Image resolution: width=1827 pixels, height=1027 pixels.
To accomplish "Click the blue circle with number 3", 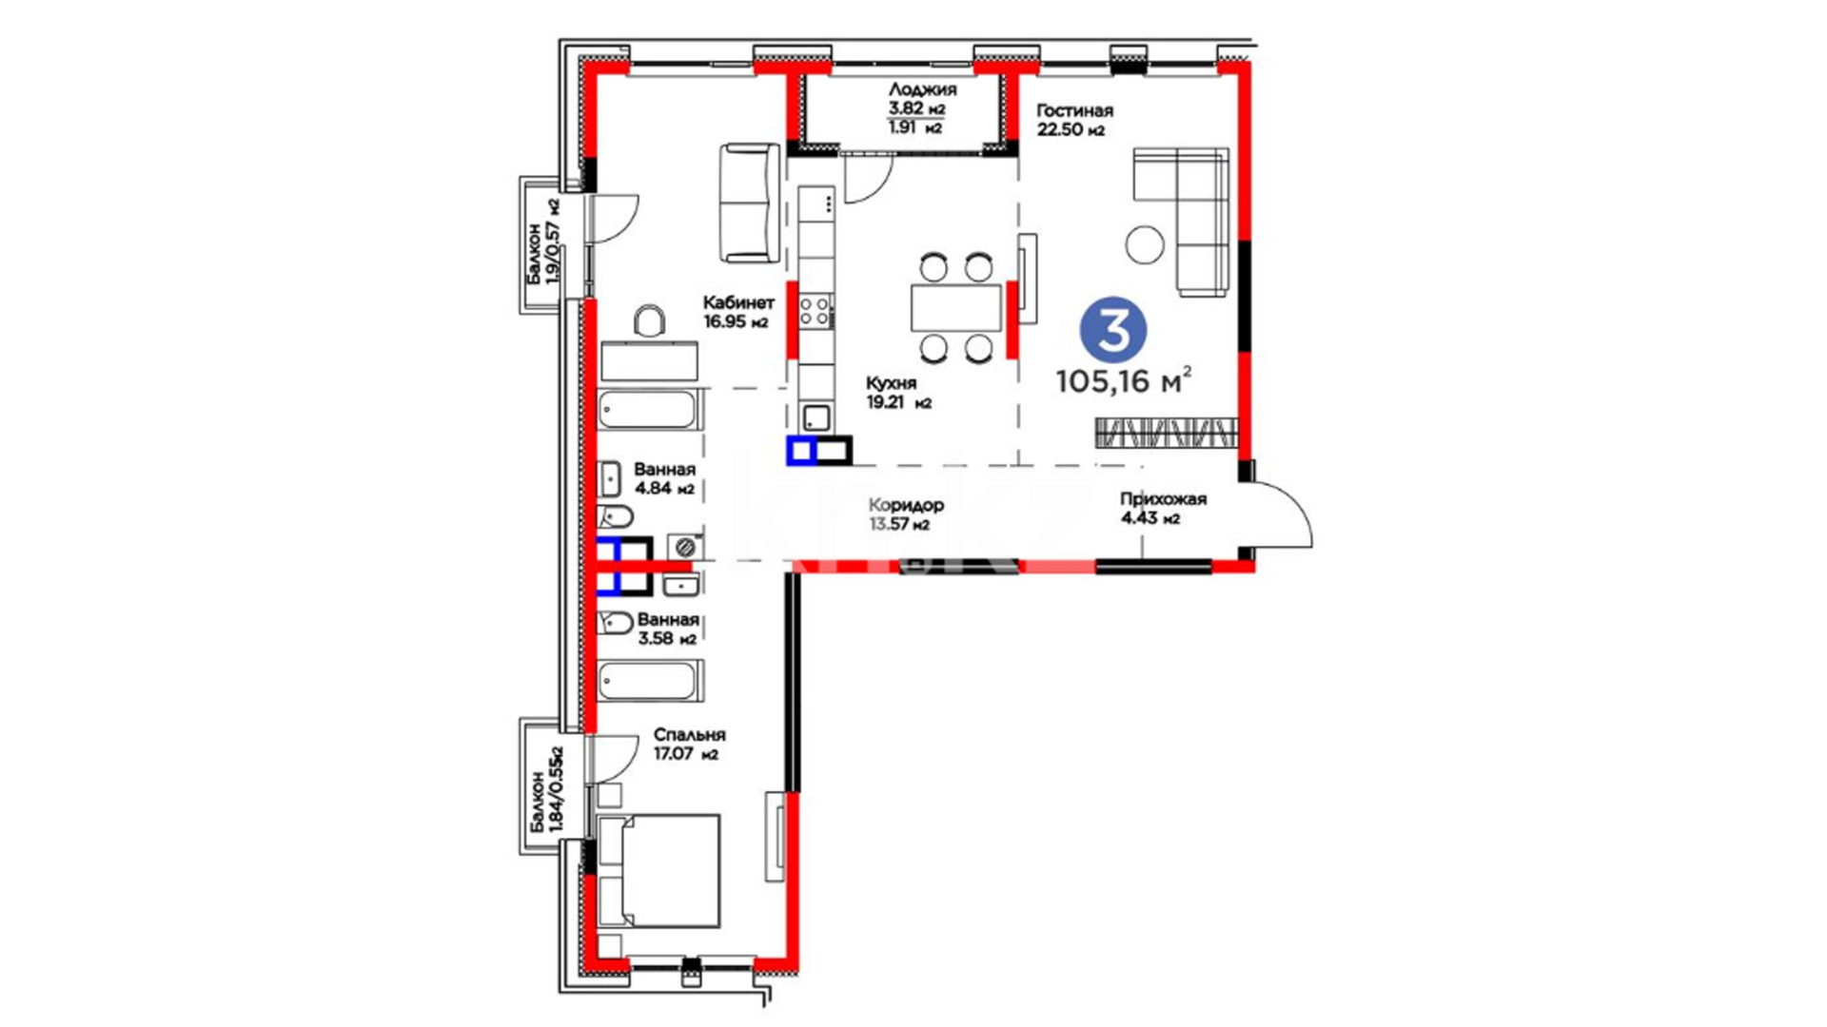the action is [x=1112, y=329].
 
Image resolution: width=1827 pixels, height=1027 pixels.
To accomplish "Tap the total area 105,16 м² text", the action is [x=1123, y=380].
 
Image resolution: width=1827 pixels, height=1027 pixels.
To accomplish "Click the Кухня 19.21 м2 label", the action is [x=898, y=393].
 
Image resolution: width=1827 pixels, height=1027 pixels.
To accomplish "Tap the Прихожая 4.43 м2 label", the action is [x=1163, y=509].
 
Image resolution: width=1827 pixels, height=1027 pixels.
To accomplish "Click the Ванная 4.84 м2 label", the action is [x=664, y=478].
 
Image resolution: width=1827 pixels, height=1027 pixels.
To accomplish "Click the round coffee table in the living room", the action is [x=1145, y=244].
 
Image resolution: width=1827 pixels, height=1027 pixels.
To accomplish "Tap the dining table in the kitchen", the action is [x=956, y=307].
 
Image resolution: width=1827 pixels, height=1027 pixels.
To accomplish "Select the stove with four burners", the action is [x=815, y=311].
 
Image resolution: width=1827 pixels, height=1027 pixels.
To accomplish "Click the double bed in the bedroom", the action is [x=658, y=870].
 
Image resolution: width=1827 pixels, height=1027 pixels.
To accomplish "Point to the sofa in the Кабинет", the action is [x=750, y=203].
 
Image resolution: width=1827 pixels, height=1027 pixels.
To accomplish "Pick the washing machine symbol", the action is [x=685, y=547].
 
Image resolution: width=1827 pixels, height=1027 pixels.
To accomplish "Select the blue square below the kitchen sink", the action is [x=801, y=451].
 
